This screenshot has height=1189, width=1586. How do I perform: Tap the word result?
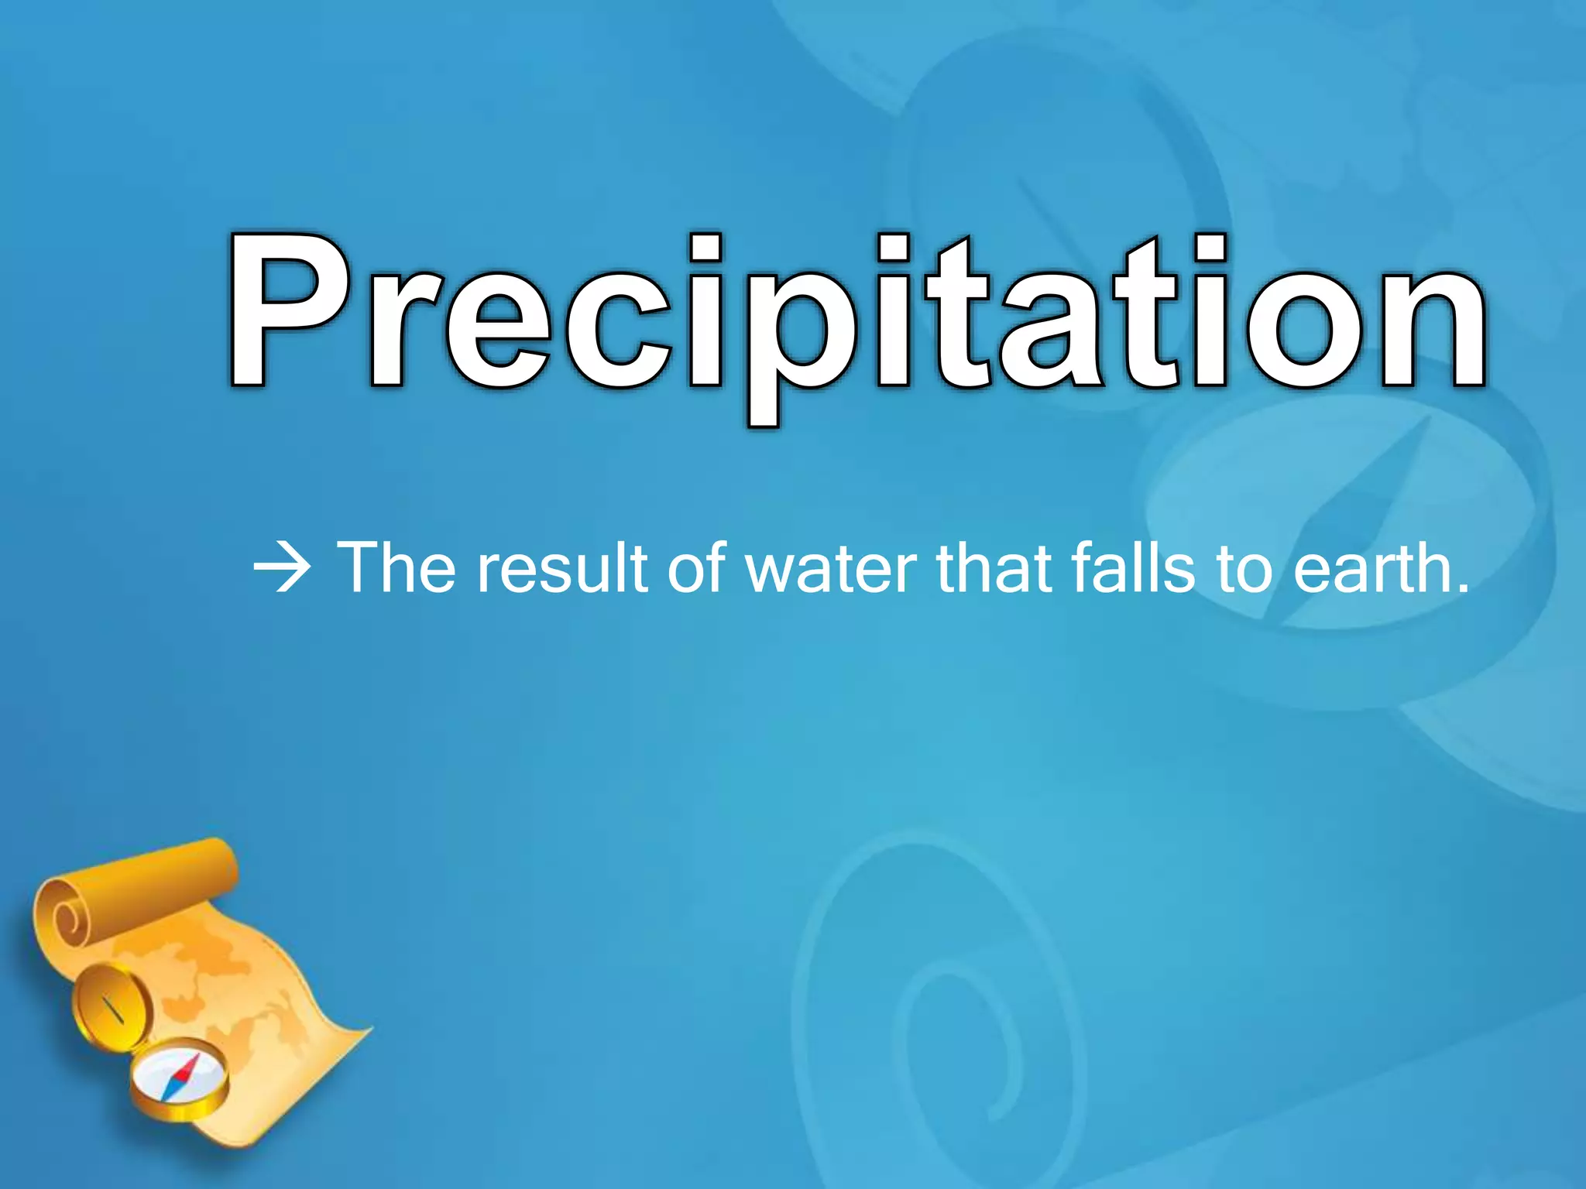point(562,569)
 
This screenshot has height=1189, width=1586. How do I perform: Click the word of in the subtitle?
point(697,569)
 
